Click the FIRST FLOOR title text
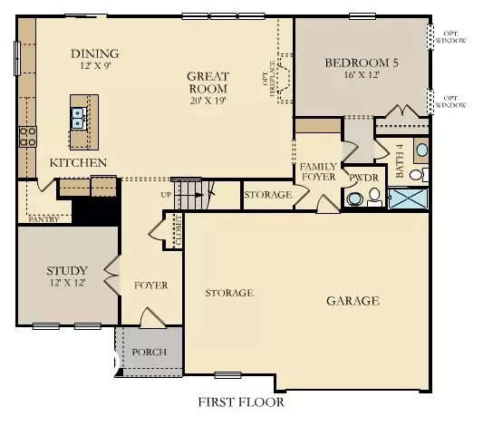pyautogui.click(x=241, y=401)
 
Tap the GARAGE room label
pyautogui.click(x=353, y=301)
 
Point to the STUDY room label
pyautogui.click(x=66, y=270)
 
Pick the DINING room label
pyautogui.click(x=94, y=53)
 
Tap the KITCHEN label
pyautogui.click(x=78, y=162)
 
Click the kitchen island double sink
pyautogui.click(x=79, y=116)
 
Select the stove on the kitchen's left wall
pyautogui.click(x=25, y=137)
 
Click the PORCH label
pyautogui.click(x=149, y=352)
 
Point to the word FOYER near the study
pyautogui.click(x=151, y=285)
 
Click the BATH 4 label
pyautogui.click(x=400, y=159)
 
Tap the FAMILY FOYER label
pyautogui.click(x=318, y=172)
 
